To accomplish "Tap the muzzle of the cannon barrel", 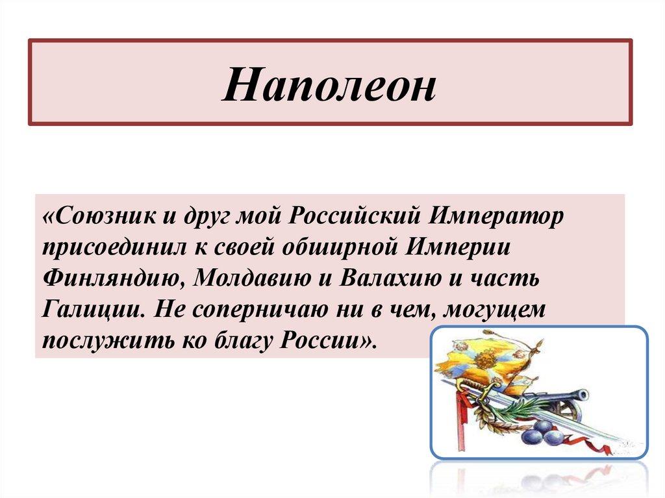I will pos(583,394).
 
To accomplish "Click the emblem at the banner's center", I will pos(483,359).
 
